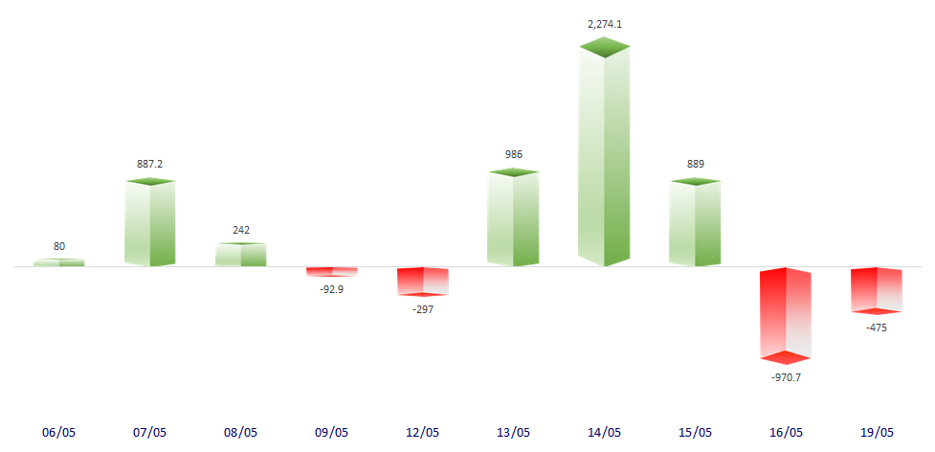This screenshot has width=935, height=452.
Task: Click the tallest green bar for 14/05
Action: (x=605, y=158)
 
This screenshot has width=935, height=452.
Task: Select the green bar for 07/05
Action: (x=150, y=223)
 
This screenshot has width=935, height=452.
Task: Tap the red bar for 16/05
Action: (x=786, y=314)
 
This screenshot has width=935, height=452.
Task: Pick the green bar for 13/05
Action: (x=513, y=219)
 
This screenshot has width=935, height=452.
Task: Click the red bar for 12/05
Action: (x=423, y=281)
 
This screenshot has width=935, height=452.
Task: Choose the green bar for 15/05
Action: (x=695, y=223)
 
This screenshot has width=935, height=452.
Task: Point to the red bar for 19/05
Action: (x=877, y=289)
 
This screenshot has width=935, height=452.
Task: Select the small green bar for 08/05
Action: (x=241, y=255)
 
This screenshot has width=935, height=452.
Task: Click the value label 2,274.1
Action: (x=605, y=24)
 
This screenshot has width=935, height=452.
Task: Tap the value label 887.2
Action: (x=150, y=164)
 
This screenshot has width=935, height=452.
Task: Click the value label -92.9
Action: (x=332, y=288)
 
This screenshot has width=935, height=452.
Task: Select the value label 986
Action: (x=513, y=154)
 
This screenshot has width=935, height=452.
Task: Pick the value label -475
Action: (x=877, y=328)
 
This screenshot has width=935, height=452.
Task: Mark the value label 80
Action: (x=59, y=246)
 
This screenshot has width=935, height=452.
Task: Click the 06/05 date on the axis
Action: (x=59, y=432)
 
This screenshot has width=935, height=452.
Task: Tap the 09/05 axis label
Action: (x=332, y=432)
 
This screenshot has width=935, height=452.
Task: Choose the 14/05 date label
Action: (x=605, y=432)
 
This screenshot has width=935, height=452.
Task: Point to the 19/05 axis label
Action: (x=877, y=432)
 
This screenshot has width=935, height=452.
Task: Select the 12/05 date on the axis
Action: (x=423, y=432)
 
